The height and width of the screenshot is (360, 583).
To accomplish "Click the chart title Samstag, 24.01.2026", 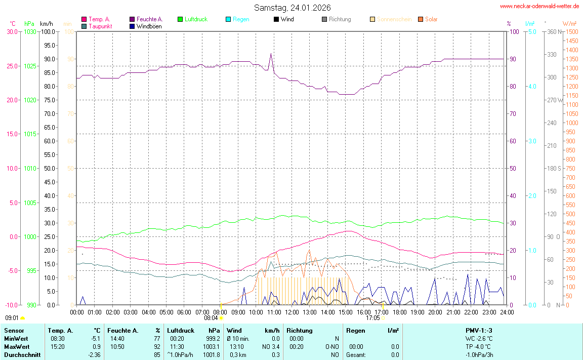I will point(293,8).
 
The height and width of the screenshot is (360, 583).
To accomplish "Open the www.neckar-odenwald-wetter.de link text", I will point(539,6).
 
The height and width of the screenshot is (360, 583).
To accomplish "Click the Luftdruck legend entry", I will point(195,19).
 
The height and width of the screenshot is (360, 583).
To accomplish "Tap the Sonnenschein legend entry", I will point(394,19).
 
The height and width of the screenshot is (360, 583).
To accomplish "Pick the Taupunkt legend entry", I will point(100,26).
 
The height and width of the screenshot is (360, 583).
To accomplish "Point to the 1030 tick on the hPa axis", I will point(30,31).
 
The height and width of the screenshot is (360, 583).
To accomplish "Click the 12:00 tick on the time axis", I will point(292,312).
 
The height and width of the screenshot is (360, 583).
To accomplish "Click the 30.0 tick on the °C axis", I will point(11,31).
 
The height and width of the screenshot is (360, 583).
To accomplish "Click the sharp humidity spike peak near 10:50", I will point(271,54).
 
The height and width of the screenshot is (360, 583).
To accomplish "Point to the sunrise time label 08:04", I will point(211,318).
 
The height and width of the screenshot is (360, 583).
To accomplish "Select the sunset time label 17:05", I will point(373,318).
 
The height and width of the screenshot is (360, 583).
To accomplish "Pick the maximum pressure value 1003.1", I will point(212,346).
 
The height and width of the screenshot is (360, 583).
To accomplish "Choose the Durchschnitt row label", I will point(22,354).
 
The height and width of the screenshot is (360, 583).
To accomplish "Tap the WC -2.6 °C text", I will point(479,338).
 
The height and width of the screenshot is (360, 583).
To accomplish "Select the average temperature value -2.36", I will point(95,354).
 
